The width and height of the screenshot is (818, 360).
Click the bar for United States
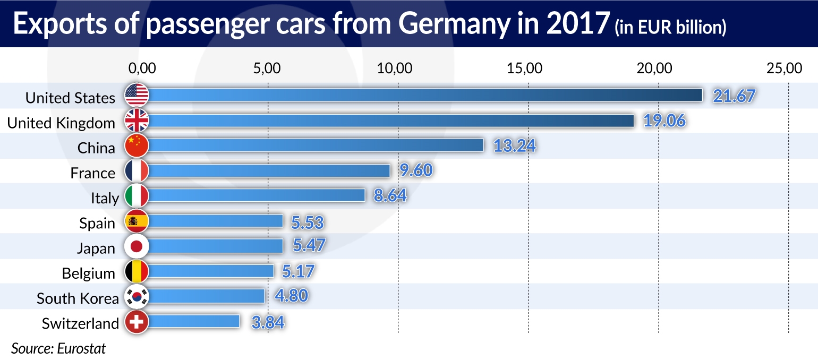[425, 95]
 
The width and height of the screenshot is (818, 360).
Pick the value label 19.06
[664, 121]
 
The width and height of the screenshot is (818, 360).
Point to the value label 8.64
[390, 196]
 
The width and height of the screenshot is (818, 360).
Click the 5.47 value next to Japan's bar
[308, 245]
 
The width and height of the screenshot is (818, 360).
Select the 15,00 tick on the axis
[528, 68]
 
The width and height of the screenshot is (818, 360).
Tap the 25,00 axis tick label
[787, 68]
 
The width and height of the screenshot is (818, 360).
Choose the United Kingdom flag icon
[137, 121]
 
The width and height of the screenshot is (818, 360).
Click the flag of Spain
[137, 221]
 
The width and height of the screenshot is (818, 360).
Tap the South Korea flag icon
[137, 296]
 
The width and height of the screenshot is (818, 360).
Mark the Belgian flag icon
[137, 271]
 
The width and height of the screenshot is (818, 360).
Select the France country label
[92, 173]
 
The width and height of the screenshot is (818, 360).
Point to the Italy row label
[105, 199]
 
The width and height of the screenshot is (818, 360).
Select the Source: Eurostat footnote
[58, 349]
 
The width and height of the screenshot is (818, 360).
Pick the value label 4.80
[291, 296]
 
